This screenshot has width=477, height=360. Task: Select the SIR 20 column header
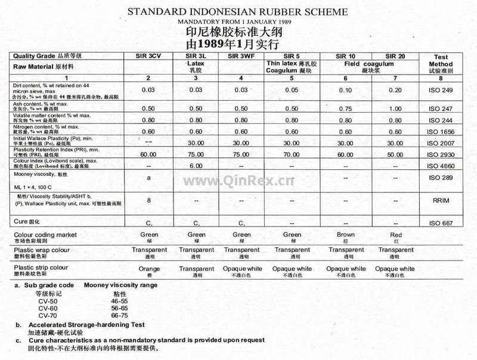pyautogui.click(x=395, y=55)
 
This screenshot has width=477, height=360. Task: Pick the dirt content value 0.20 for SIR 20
pyautogui.click(x=395, y=90)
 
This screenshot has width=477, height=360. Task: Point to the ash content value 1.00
pyautogui.click(x=395, y=108)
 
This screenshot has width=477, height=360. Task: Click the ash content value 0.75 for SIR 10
pyautogui.click(x=345, y=108)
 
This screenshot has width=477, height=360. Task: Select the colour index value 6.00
pyautogui.click(x=197, y=166)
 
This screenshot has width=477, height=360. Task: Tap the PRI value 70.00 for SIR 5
pyautogui.click(x=292, y=154)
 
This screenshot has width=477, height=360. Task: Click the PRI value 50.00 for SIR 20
pyautogui.click(x=395, y=154)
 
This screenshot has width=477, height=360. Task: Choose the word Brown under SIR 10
pyautogui.click(x=345, y=235)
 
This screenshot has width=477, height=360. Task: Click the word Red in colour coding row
pyautogui.click(x=395, y=235)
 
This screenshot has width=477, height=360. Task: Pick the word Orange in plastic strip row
pyautogui.click(x=149, y=269)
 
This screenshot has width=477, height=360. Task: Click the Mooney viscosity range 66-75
pyautogui.click(x=119, y=315)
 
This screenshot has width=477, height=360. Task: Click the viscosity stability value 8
pyautogui.click(x=149, y=200)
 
